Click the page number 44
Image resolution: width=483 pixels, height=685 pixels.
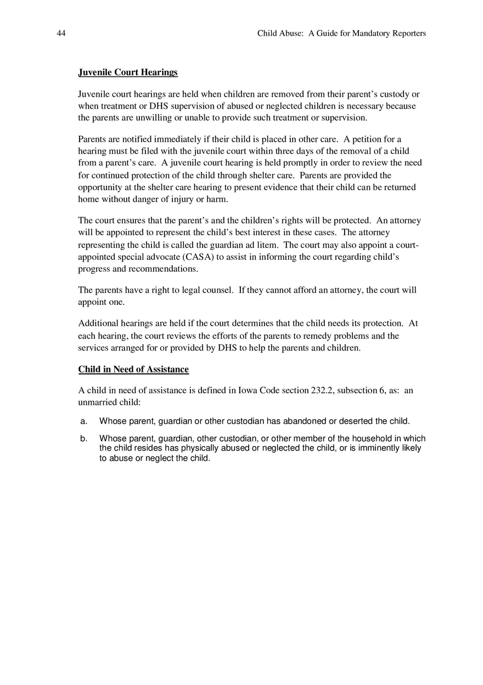click(x=61, y=34)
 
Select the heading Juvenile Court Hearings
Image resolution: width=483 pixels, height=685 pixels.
click(x=128, y=73)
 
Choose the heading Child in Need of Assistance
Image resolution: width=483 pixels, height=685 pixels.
click(x=133, y=370)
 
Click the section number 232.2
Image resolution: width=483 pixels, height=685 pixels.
click(x=322, y=391)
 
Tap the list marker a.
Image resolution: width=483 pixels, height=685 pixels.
click(x=83, y=421)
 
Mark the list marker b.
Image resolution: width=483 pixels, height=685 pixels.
click(x=83, y=438)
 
